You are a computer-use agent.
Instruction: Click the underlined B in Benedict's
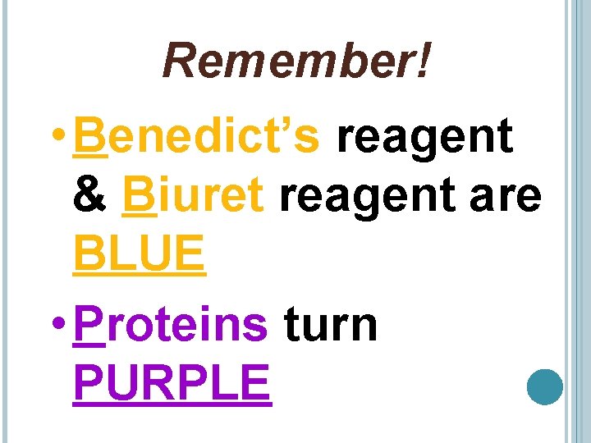coord(89,136)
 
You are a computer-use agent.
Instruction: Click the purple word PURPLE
coord(172,382)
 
